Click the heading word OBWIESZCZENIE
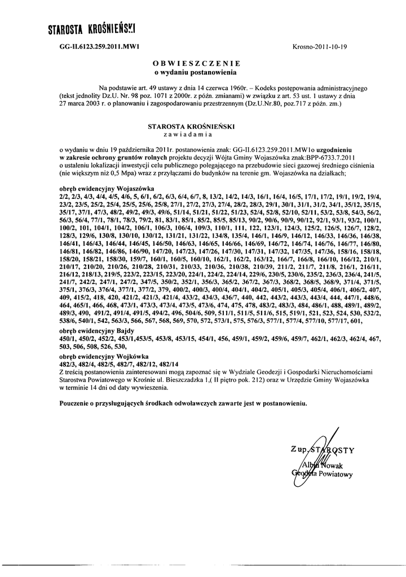click(x=197, y=64)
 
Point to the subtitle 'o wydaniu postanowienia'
click(x=197, y=72)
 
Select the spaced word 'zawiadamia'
click(x=188, y=135)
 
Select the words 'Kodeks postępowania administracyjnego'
click(x=307, y=89)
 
